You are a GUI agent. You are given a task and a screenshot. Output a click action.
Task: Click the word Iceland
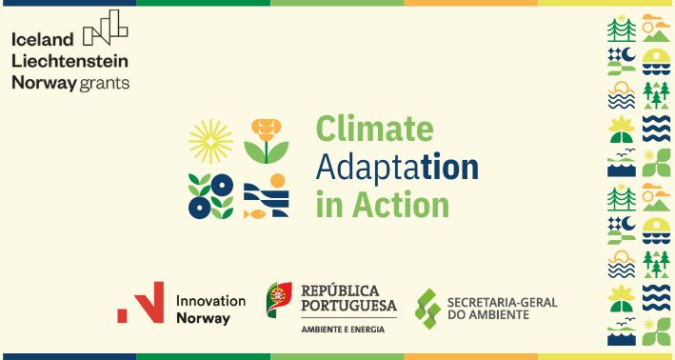pyautogui.click(x=42, y=39)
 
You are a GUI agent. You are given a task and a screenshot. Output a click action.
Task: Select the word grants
pyautogui.click(x=105, y=83)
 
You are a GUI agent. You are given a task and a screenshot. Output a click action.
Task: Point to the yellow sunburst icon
pyautogui.click(x=209, y=141)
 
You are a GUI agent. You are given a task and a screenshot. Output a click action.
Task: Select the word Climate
pyautogui.click(x=373, y=129)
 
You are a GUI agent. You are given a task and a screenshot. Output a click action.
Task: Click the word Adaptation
pyautogui.click(x=396, y=167)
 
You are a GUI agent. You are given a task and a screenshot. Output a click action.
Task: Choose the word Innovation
pyautogui.click(x=210, y=300)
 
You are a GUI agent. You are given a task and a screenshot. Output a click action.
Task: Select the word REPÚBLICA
pyautogui.click(x=340, y=290)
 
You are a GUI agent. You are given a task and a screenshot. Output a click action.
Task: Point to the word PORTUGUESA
pyautogui.click(x=348, y=306)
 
